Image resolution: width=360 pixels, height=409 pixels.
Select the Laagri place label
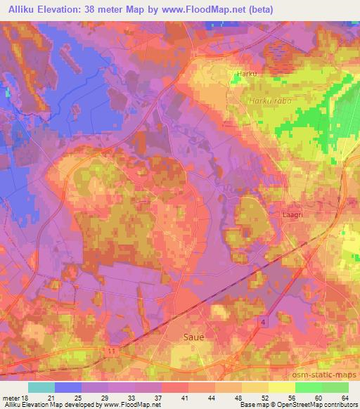pyautogui.click(x=290, y=209)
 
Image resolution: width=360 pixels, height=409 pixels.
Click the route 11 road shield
pyautogui.click(x=112, y=349)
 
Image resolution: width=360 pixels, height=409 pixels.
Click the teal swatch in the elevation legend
pyautogui.click(x=41, y=387)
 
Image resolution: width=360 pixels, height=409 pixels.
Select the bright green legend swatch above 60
pyautogui.click(x=308, y=387)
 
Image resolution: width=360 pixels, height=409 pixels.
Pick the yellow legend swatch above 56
pyautogui.click(x=281, y=387)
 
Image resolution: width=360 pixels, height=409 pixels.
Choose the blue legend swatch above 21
pyautogui.click(x=68, y=387)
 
